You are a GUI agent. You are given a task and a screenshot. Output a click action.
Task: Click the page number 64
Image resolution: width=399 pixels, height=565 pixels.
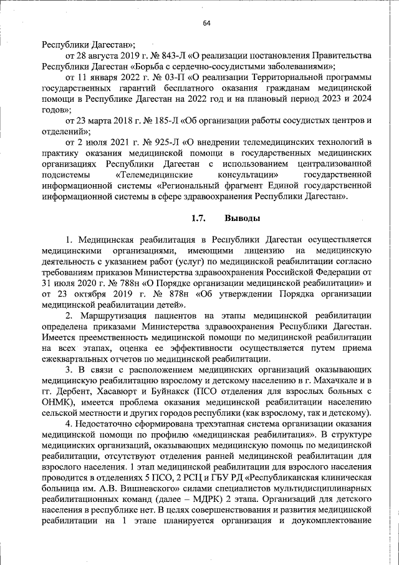pyautogui.click(x=207, y=24)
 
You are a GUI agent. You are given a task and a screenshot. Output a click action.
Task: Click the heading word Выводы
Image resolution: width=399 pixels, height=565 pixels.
pyautogui.click(x=238, y=218)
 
